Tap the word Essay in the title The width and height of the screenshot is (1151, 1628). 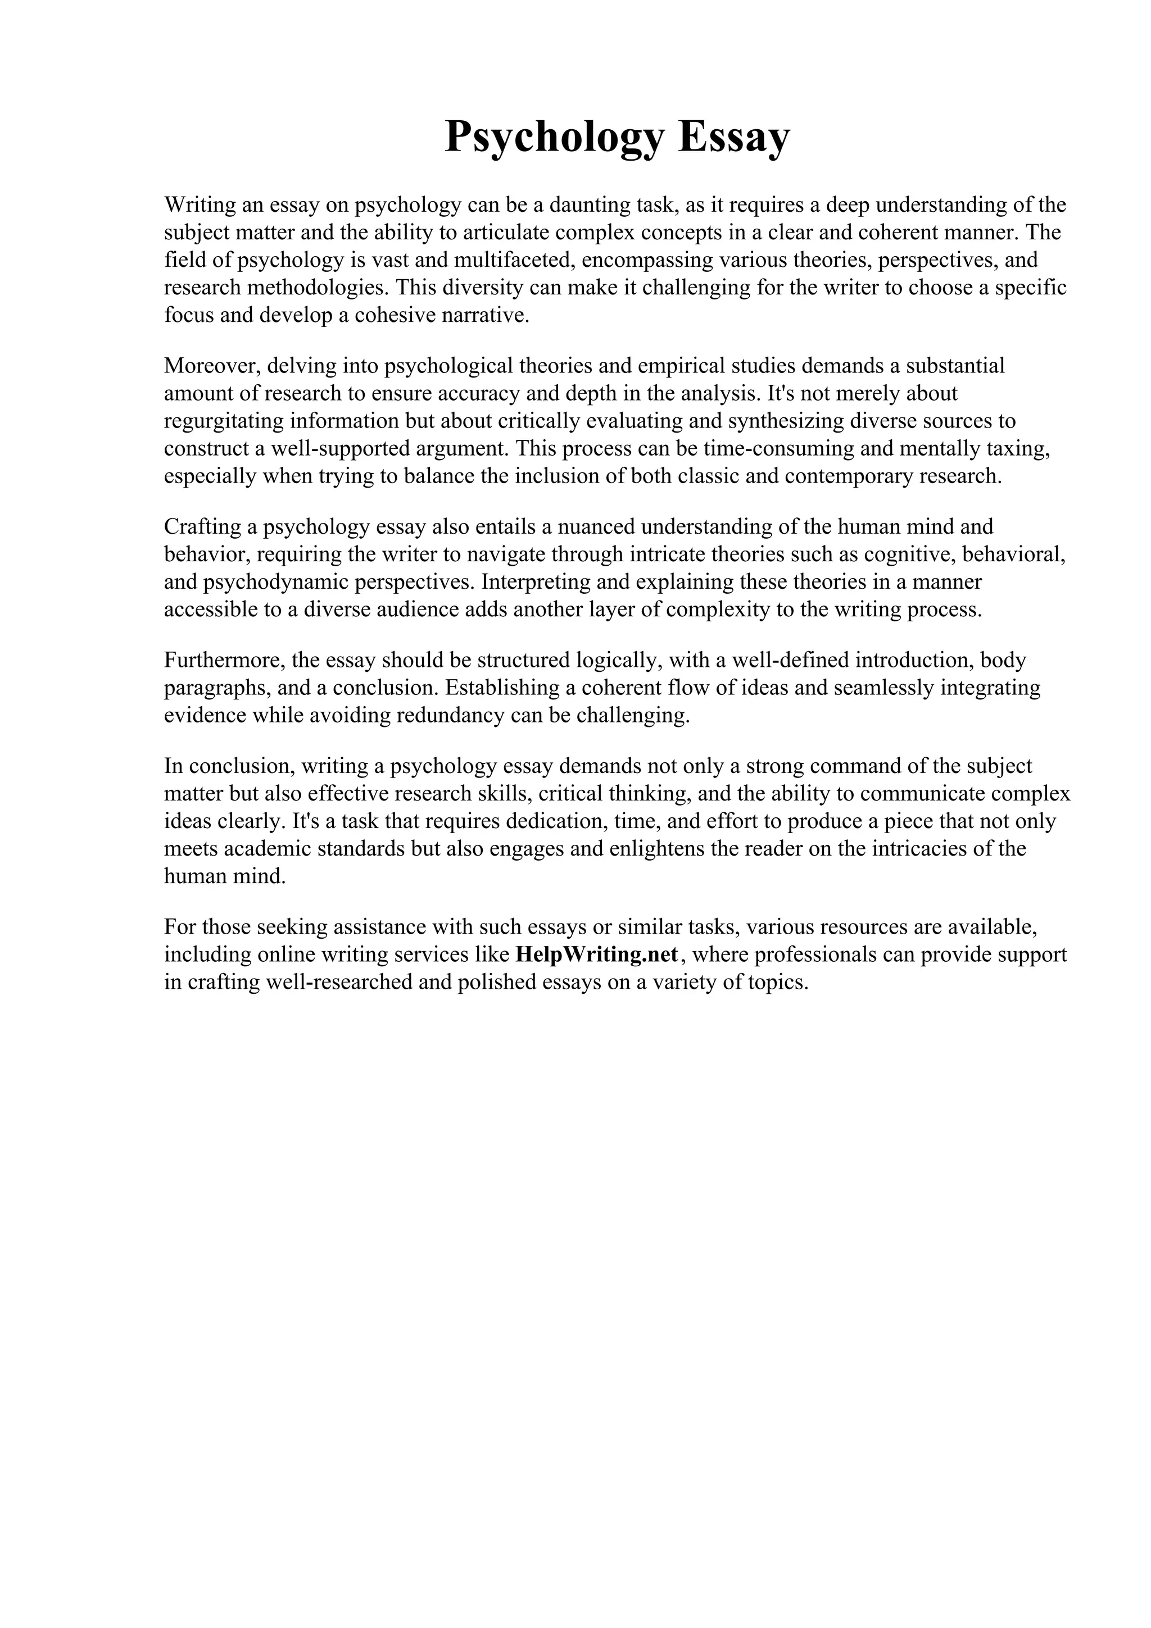pos(733,137)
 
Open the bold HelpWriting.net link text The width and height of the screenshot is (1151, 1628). pos(597,954)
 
